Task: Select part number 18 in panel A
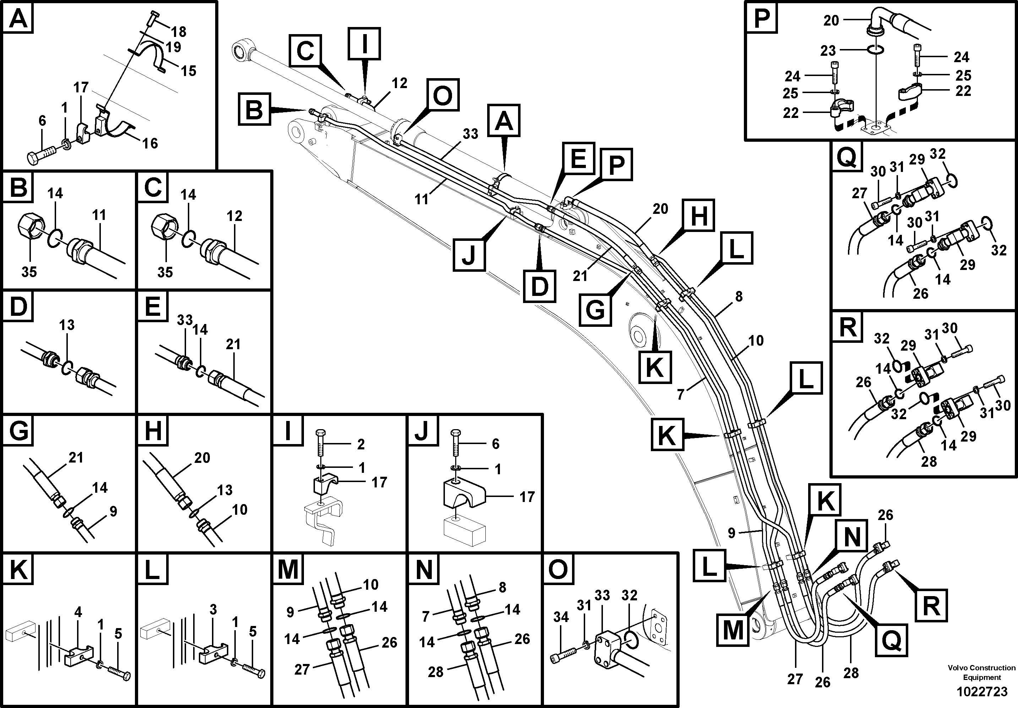pyautogui.click(x=179, y=32)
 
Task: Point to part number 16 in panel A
pyautogui.click(x=150, y=143)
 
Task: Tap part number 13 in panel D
pyautogui.click(x=67, y=325)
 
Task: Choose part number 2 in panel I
pyautogui.click(x=361, y=444)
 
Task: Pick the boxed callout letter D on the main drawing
pyautogui.click(x=540, y=286)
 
